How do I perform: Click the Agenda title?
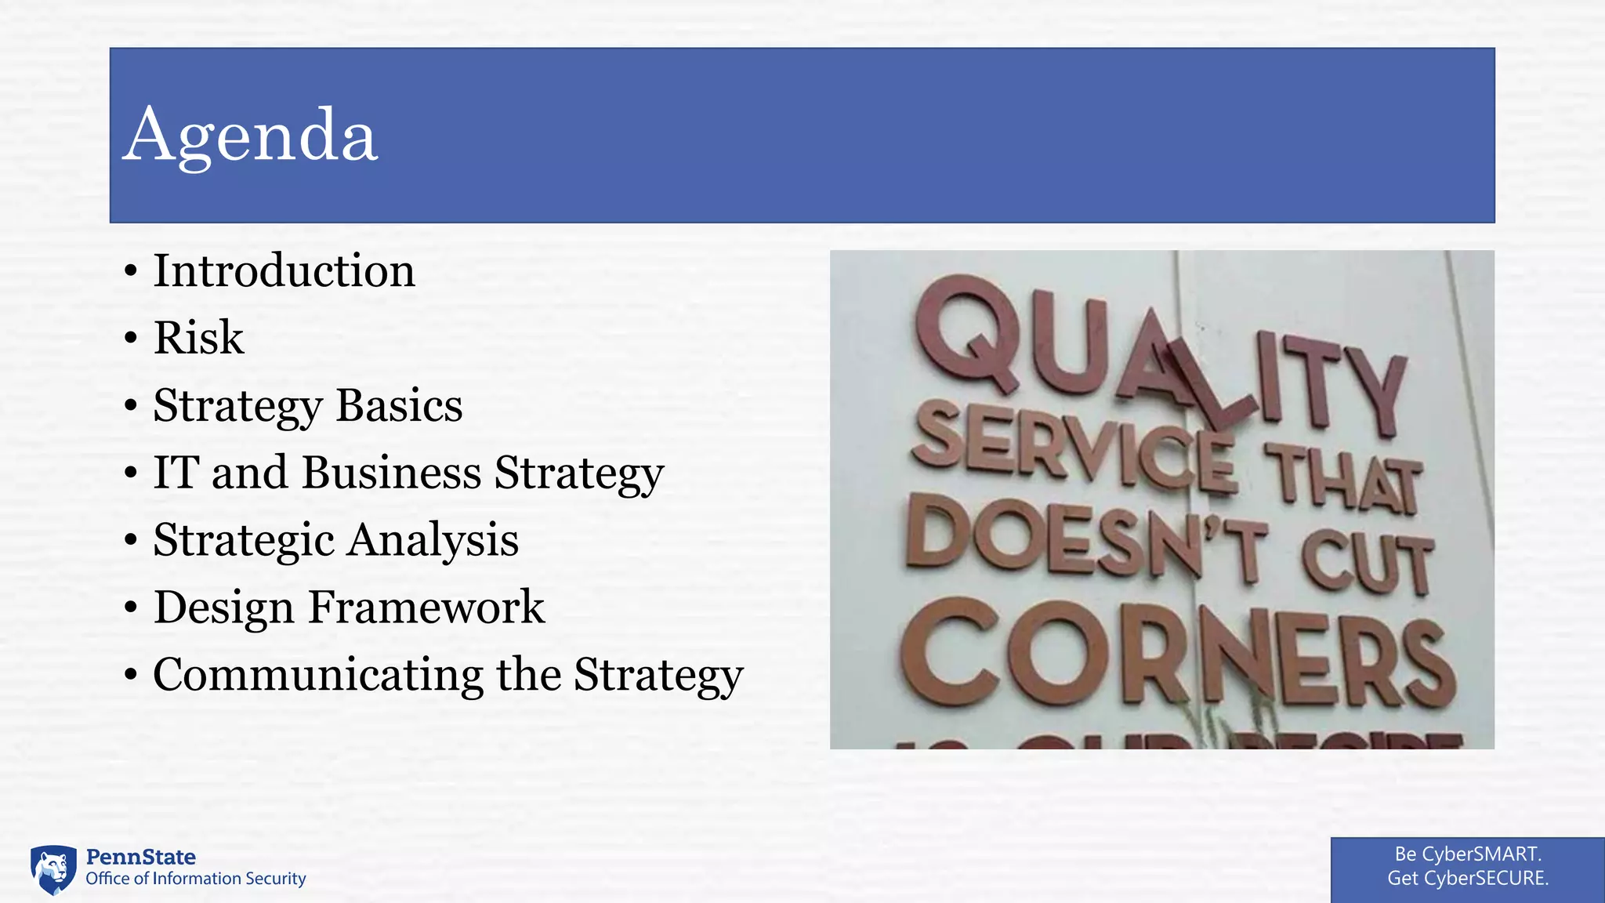coord(250,135)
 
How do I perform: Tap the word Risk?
coord(198,338)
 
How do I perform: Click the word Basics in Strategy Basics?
coord(399,405)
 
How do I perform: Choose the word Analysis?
coord(433,540)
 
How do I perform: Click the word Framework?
coord(426,607)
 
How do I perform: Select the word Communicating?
coord(318,675)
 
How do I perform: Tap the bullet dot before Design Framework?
coord(131,608)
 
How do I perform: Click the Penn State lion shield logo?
coord(53,869)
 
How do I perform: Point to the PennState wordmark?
coord(140,857)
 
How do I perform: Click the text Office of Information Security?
coord(195,879)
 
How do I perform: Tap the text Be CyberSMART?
coord(1468,854)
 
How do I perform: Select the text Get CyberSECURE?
coord(1468,878)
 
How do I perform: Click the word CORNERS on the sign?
coord(1176,655)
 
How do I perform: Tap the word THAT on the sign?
coord(1343,478)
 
